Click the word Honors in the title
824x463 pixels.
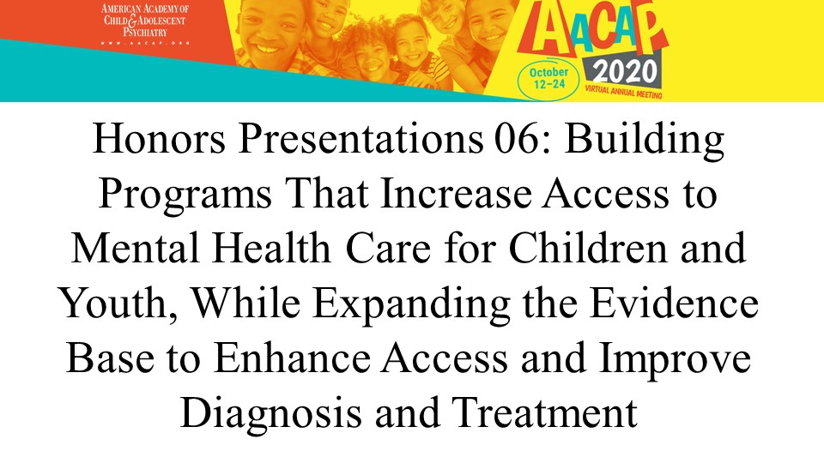click(160, 139)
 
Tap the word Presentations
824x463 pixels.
click(360, 139)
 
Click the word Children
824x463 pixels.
click(587, 248)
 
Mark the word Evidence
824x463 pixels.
click(675, 303)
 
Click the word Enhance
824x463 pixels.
click(292, 358)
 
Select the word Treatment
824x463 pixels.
click(544, 412)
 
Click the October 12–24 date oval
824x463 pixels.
click(548, 78)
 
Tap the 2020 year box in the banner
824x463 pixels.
click(624, 72)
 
